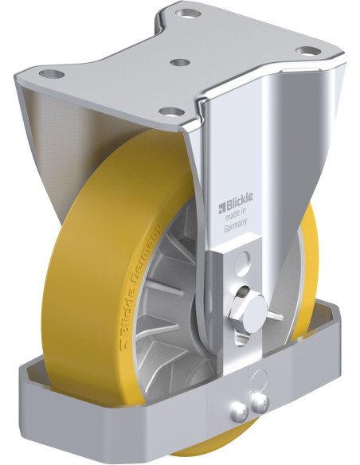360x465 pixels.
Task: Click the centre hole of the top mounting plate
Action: [180, 61]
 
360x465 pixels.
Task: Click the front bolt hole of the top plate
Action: [169, 111]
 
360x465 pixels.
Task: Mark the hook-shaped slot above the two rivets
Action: [252, 374]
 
